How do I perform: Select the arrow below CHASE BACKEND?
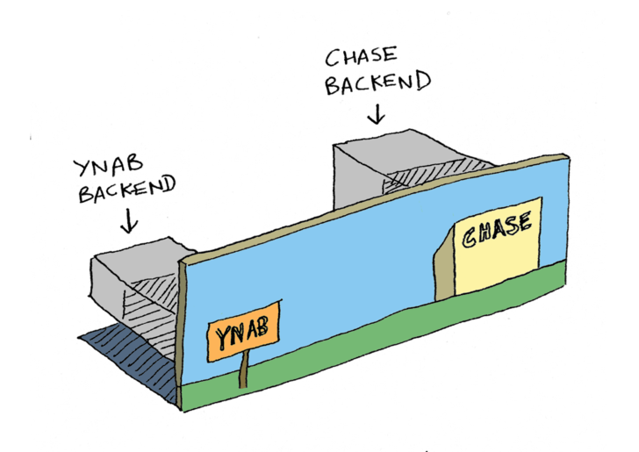tap(378, 114)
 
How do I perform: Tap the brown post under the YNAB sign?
tap(243, 372)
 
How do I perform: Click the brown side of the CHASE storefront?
tap(444, 263)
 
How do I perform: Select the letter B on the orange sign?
tap(264, 327)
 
